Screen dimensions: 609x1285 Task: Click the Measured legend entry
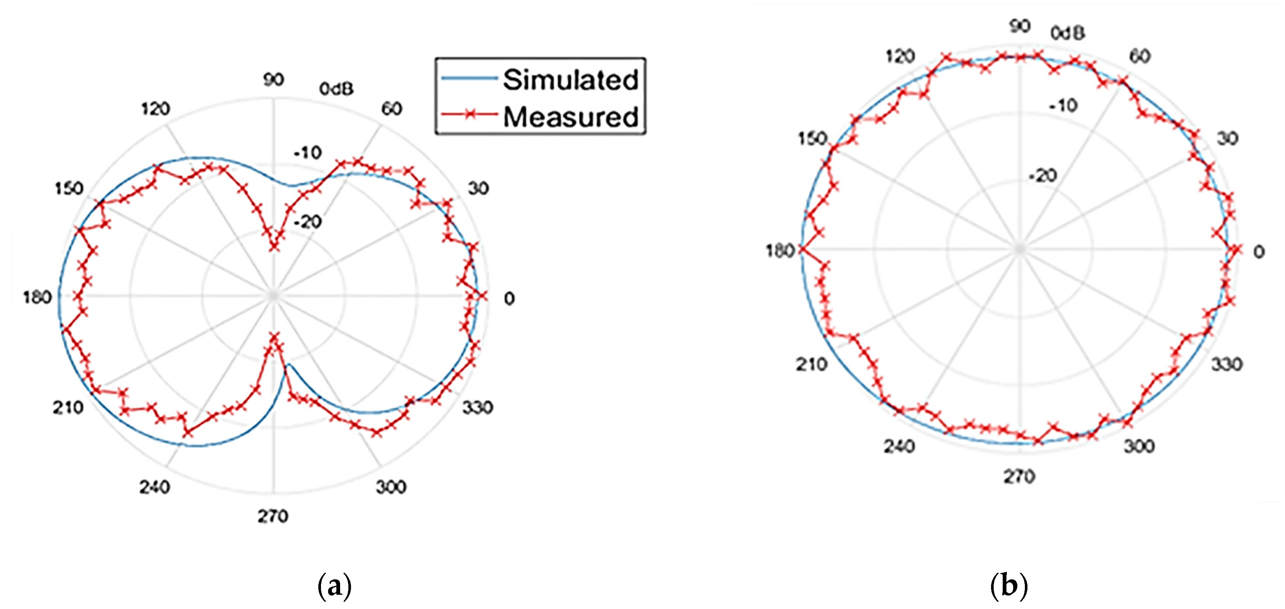point(570,117)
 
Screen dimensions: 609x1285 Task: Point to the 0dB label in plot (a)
point(337,89)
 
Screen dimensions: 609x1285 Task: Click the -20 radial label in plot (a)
point(308,221)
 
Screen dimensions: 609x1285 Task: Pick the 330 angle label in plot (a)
point(478,408)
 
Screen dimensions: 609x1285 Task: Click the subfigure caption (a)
point(334,586)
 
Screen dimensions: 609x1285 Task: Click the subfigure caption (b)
point(1009,586)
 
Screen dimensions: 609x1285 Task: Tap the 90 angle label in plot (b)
point(1020,26)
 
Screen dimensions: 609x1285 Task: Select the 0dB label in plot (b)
point(1068,33)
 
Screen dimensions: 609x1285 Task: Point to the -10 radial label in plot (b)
point(1064,106)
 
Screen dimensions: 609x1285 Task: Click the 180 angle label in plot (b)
point(780,251)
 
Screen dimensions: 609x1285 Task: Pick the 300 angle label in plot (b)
point(1139,445)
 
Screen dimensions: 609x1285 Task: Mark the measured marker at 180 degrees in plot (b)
point(801,250)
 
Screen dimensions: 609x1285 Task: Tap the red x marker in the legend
point(469,114)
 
